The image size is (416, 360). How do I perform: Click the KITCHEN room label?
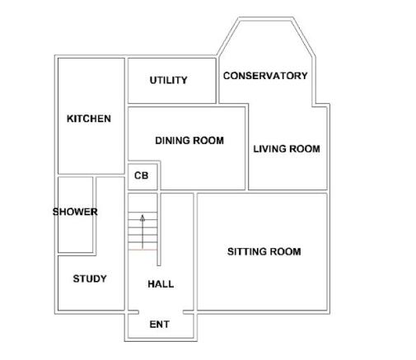tap(89, 119)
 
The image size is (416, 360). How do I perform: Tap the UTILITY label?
tap(168, 80)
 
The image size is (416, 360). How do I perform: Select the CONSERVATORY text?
tap(265, 76)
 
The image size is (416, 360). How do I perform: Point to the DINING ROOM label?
tap(189, 141)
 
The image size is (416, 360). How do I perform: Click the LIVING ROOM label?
tap(287, 149)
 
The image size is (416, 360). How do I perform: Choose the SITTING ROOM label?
tap(264, 251)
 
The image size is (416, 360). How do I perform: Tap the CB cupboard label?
tap(142, 175)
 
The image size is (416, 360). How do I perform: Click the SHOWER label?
tap(75, 212)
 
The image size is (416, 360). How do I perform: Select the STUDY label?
tap(90, 278)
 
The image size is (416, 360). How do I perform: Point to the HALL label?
tap(161, 284)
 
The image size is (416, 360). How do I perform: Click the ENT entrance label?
tap(160, 325)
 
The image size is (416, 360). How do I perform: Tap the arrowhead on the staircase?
tap(143, 218)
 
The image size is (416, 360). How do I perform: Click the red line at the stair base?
tap(143, 250)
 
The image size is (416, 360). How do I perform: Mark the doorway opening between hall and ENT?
tap(161, 312)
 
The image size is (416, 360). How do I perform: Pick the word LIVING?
tap(269, 149)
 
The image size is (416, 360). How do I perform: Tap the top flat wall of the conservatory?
tap(265, 19)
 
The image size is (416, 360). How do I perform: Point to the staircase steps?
tap(143, 231)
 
